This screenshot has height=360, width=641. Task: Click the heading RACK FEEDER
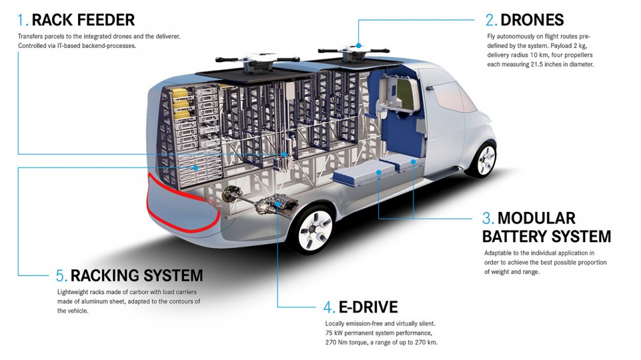83,20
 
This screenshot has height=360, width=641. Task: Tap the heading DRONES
533,20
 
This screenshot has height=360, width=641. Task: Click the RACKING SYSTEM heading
137,276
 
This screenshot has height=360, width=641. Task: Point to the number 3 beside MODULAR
488,218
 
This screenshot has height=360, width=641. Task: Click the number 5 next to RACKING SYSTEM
62,276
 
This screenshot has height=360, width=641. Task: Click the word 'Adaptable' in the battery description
500,253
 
